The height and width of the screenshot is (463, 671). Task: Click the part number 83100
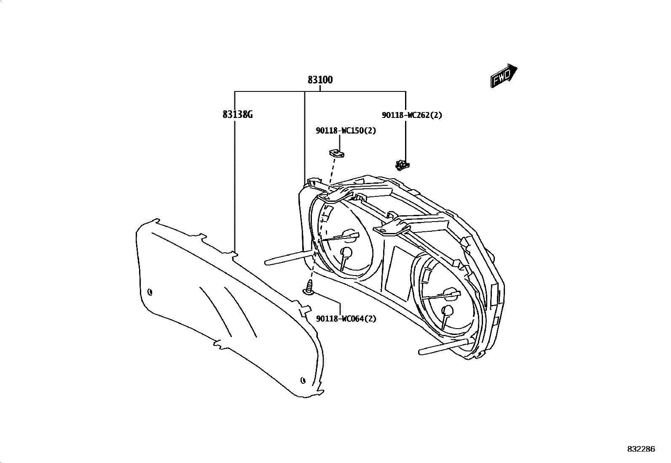point(320,80)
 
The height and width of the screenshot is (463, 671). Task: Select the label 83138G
point(238,114)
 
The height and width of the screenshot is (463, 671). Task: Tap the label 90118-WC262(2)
point(412,115)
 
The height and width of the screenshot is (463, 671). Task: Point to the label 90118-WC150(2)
point(346,131)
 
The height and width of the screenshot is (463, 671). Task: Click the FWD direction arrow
point(504,75)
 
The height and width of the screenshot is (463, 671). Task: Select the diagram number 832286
point(641,449)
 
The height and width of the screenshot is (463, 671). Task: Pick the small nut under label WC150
point(336,153)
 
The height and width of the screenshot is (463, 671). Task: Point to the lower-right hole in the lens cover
point(303,380)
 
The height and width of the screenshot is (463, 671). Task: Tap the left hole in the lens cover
point(150,292)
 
